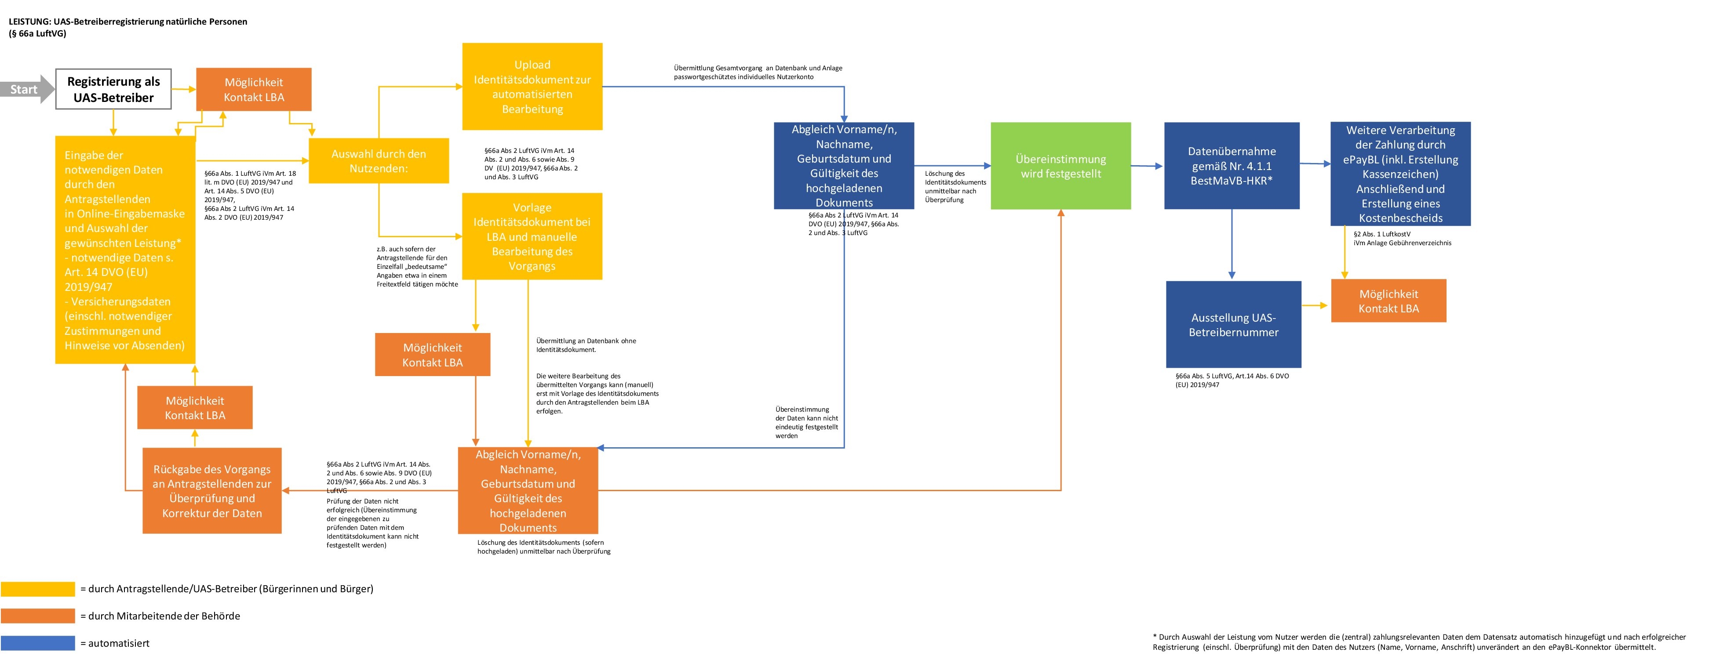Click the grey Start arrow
point(27,89)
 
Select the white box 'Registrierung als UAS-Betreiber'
point(113,89)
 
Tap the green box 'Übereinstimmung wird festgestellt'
point(1060,166)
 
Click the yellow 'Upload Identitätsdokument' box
point(532,87)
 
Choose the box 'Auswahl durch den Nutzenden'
point(378,160)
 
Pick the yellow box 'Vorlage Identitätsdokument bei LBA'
point(532,236)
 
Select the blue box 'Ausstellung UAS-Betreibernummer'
point(1233,325)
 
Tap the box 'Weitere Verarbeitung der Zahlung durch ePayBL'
point(1400,173)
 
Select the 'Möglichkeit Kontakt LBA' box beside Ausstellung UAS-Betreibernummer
point(1388,301)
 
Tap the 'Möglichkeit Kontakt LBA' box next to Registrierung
point(253,89)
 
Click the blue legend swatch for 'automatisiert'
point(38,643)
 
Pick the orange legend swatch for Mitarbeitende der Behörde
point(38,616)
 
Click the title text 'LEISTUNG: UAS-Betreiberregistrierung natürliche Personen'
point(128,22)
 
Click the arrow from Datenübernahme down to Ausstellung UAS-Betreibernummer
point(1232,245)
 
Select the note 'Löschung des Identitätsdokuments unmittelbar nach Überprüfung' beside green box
point(955,187)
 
